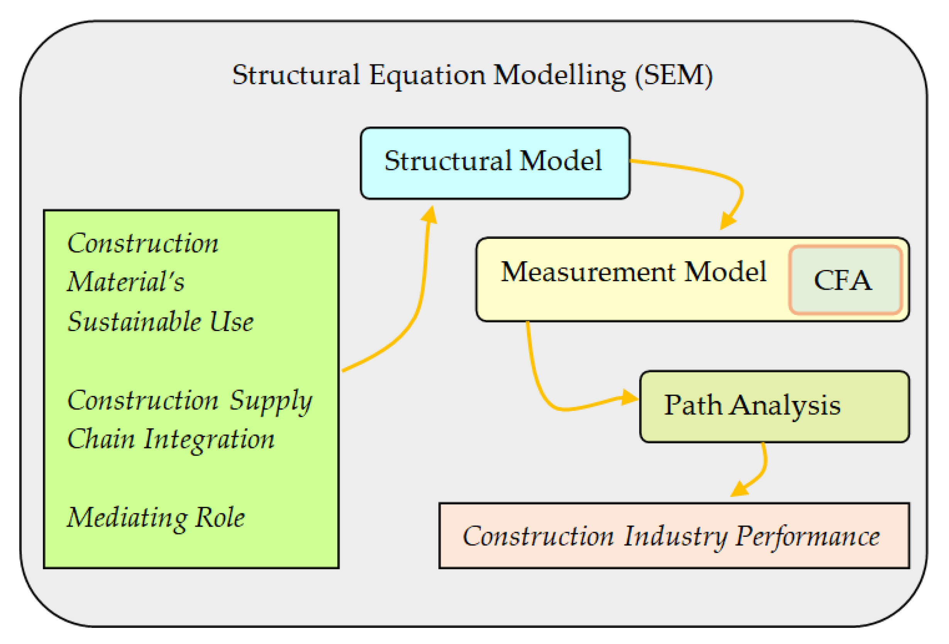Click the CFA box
tap(844, 280)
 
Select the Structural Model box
tap(494, 163)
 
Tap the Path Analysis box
tap(774, 406)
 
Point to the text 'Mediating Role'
tap(156, 517)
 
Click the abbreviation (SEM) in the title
tap(673, 75)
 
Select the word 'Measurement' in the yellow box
tap(588, 272)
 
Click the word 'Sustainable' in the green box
tap(134, 321)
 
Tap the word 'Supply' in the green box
tap(270, 401)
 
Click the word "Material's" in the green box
tap(126, 281)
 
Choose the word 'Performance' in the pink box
tap(807, 536)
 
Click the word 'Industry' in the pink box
tap(675, 536)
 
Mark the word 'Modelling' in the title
tap(559, 75)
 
